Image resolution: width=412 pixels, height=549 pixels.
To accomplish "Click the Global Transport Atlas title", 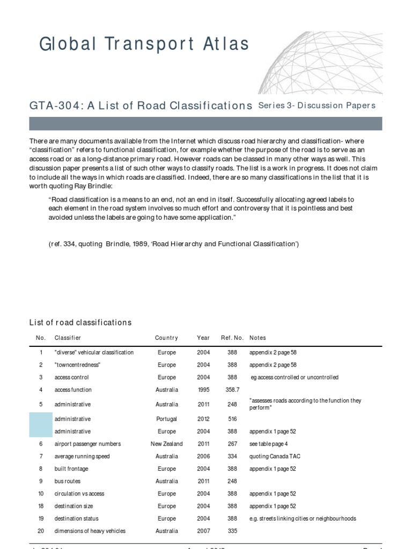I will click(144, 44).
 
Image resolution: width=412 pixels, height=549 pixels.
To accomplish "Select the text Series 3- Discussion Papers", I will click(317, 105).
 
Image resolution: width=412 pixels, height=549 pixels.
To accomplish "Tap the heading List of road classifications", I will click(80, 322).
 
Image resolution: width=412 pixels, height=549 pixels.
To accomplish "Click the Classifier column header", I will click(68, 338).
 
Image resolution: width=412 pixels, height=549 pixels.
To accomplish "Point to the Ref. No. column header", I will click(232, 338).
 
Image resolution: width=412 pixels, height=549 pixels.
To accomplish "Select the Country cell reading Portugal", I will click(166, 419).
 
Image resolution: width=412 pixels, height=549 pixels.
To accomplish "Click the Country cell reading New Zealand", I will click(166, 444).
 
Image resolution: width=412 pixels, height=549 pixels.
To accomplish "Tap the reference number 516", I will click(232, 419).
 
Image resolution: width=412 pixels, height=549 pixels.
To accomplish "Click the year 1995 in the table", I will click(203, 390).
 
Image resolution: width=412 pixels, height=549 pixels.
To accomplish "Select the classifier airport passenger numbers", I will click(87, 444).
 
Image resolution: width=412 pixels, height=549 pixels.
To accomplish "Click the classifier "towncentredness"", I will click(77, 365).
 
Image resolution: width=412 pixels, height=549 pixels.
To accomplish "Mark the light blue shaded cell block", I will click(40, 425).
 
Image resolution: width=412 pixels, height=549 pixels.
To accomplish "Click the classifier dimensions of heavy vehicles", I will click(90, 531).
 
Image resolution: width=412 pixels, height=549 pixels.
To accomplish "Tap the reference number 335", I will click(232, 531).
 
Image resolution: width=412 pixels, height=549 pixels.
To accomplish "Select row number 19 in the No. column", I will click(40, 518).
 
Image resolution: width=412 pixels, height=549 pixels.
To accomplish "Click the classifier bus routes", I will click(67, 481).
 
